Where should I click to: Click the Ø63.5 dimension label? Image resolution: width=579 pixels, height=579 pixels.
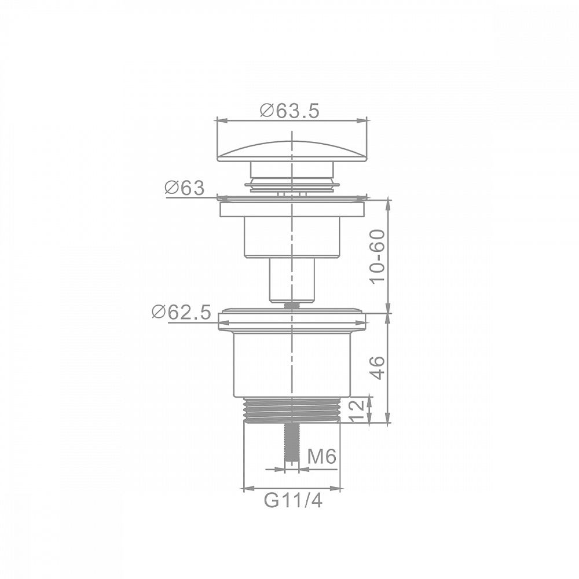coord(289,111)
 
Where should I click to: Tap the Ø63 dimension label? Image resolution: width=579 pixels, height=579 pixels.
coord(184,188)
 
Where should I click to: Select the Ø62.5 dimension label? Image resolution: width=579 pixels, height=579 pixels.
coord(181,313)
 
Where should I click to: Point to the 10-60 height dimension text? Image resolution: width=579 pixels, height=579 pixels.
coord(378,256)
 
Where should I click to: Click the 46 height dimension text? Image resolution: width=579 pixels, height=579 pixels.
coord(378,368)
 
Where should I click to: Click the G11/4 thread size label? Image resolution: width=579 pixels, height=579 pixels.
coord(293,500)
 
